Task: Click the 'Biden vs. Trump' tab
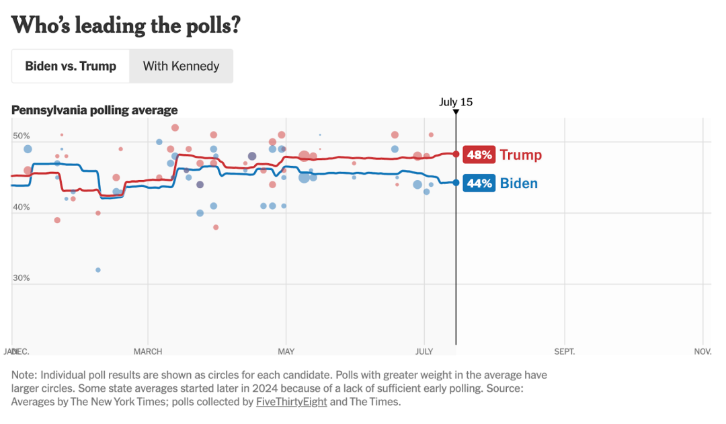tap(71, 66)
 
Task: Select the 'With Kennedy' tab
tap(181, 66)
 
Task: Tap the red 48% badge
tap(479, 155)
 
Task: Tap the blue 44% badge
tap(479, 183)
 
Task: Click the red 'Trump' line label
tap(520, 155)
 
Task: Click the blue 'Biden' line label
tap(518, 183)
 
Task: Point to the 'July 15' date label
tap(456, 102)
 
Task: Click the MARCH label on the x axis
tap(148, 351)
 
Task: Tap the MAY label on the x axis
tap(286, 351)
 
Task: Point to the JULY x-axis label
tap(424, 351)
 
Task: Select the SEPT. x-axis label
tap(565, 351)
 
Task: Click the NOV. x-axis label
tap(702, 351)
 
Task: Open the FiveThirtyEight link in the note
tap(290, 402)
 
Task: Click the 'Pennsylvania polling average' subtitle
tap(95, 110)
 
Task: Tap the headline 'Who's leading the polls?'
tap(126, 26)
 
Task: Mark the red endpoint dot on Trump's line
tap(456, 154)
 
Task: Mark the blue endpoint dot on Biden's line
tap(456, 182)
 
